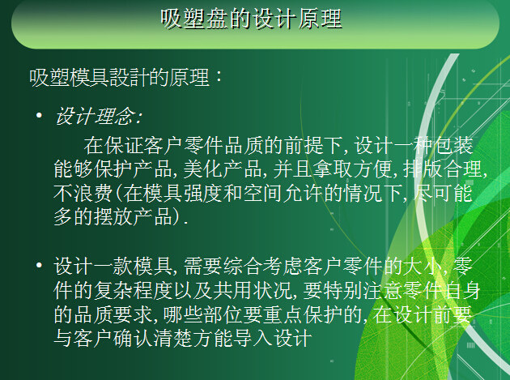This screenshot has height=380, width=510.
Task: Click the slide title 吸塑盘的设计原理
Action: [x=251, y=19]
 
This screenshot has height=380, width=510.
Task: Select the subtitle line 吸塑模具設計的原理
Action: [x=119, y=78]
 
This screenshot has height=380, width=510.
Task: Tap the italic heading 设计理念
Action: [x=96, y=116]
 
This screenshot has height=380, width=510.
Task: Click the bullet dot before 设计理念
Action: [x=39, y=115]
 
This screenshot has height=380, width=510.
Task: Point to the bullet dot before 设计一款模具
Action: [x=39, y=265]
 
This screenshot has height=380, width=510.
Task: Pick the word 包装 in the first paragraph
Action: [x=453, y=145]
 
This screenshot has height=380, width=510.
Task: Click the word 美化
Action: [x=203, y=169]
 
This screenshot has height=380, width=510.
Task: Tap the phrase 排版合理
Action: [x=443, y=169]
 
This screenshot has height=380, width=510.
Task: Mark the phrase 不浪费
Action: [x=83, y=193]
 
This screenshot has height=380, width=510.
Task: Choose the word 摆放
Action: [x=113, y=216]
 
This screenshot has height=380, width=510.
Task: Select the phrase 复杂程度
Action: [x=133, y=290]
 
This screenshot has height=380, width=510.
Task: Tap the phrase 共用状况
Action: [x=252, y=290]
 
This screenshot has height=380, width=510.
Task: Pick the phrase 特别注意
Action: [x=363, y=290]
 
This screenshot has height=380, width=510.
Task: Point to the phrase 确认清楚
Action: [x=153, y=338]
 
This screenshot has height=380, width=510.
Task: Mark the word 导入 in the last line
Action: [x=253, y=338]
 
